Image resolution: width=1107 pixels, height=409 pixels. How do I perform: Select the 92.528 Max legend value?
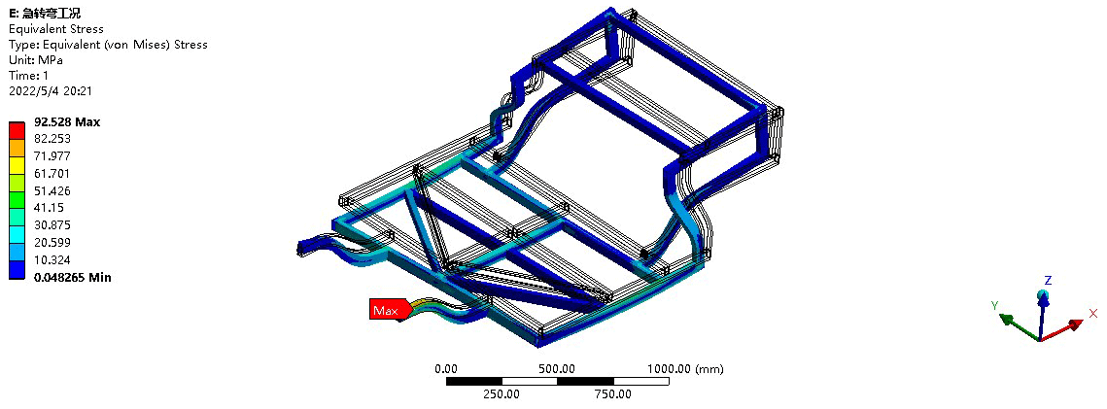(67, 122)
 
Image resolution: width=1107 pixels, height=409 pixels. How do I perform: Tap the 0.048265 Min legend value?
(73, 277)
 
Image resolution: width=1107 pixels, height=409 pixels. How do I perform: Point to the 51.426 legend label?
(52, 191)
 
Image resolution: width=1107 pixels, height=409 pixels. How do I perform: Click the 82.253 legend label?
(52, 139)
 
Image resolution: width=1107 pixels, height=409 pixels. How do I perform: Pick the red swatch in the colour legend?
(17, 130)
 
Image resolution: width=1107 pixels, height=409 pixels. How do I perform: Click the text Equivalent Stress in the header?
(55, 29)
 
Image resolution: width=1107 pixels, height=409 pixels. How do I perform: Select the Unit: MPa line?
(35, 60)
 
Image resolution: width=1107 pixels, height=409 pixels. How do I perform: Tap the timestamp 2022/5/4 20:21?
(51, 91)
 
